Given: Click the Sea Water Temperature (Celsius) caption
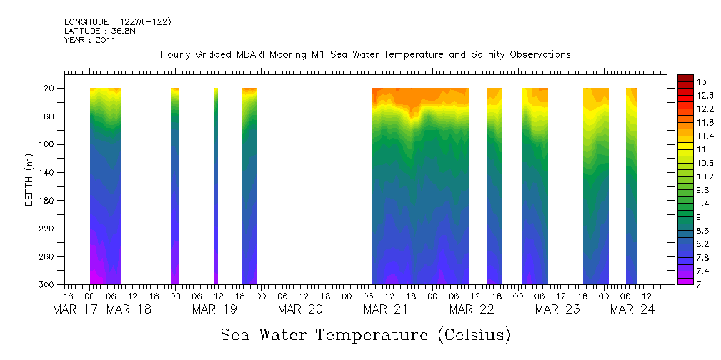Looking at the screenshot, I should (366, 335).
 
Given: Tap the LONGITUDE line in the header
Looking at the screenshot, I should (118, 22).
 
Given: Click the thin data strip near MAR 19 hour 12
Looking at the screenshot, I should (216, 186).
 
